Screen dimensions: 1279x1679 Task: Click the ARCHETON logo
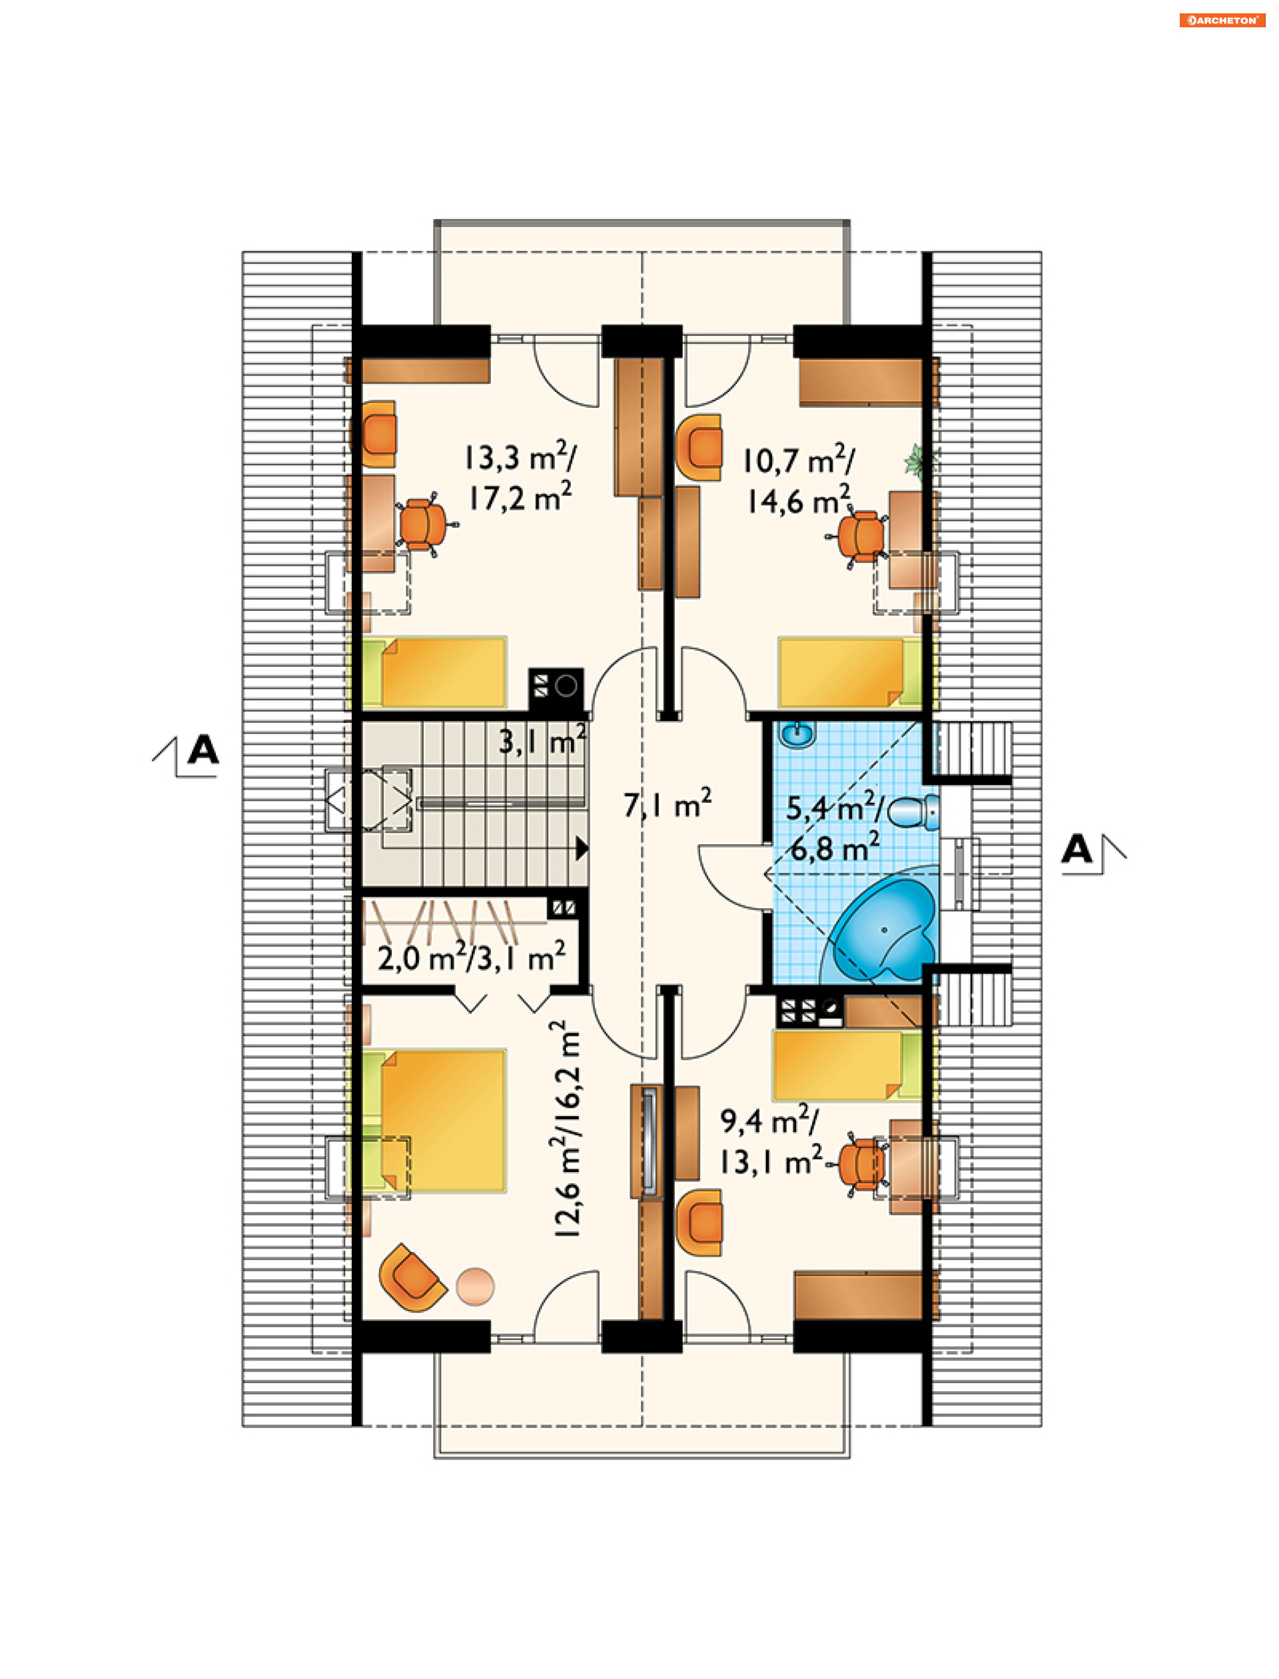(x=1222, y=21)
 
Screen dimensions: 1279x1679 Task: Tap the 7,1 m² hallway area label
(x=667, y=804)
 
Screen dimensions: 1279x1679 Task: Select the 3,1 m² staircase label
(x=542, y=740)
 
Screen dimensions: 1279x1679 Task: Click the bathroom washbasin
(x=796, y=736)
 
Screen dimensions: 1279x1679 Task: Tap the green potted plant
(x=920, y=460)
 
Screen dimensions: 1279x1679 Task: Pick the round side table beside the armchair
(x=475, y=1286)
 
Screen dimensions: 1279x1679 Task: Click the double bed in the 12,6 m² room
(x=434, y=1120)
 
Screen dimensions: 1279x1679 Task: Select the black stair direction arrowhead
(x=582, y=848)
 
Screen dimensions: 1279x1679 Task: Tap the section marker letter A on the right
(x=1077, y=848)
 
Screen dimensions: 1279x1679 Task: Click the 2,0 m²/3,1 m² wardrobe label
(x=471, y=956)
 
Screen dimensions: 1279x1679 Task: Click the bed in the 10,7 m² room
(x=849, y=672)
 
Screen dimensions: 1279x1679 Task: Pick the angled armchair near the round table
(x=412, y=1278)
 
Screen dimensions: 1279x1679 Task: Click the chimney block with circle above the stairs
(x=556, y=689)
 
